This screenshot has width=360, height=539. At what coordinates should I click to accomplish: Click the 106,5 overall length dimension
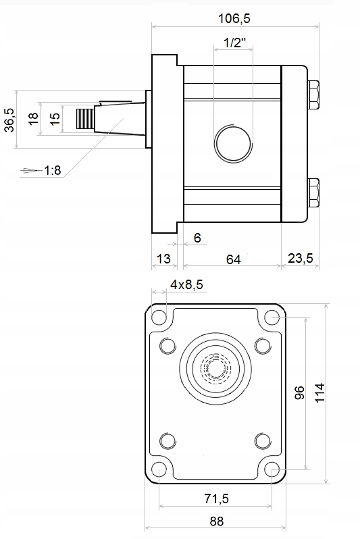[234, 18]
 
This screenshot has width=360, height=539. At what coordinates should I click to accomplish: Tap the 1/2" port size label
[235, 43]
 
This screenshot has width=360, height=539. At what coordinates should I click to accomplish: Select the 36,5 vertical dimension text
[9, 120]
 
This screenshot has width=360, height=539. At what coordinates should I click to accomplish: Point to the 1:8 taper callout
[53, 170]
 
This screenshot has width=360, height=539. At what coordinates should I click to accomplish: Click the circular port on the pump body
[233, 143]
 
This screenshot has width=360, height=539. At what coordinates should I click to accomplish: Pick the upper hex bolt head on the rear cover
[313, 95]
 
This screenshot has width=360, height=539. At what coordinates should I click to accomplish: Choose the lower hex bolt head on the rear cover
[313, 193]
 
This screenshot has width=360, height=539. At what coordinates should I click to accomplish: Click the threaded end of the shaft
[85, 119]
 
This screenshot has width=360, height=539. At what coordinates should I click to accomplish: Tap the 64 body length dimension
[233, 259]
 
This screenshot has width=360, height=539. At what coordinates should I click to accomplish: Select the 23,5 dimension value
[300, 258]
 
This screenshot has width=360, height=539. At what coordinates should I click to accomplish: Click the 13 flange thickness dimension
[163, 259]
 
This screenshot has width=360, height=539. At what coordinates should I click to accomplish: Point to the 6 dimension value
[197, 238]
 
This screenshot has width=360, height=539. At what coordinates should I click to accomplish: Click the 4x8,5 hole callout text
[186, 284]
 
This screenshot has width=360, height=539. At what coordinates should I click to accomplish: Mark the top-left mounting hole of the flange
[159, 317]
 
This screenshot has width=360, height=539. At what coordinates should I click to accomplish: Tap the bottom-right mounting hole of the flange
[272, 469]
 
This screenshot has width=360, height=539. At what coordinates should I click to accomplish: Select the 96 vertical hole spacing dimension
[299, 392]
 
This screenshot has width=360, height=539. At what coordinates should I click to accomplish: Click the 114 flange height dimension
[319, 392]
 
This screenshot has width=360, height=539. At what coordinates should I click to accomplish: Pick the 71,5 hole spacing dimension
[216, 498]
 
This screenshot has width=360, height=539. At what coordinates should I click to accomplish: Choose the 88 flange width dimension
[217, 521]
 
